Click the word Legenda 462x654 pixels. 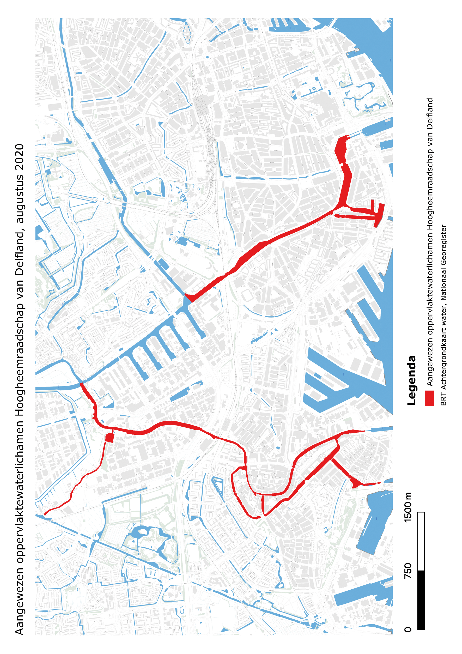(412, 380)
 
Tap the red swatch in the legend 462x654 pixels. (429, 398)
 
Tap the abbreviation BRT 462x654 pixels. (444, 399)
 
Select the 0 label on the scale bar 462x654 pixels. (408, 629)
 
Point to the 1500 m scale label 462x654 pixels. (408, 507)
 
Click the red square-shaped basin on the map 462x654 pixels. (110, 438)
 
